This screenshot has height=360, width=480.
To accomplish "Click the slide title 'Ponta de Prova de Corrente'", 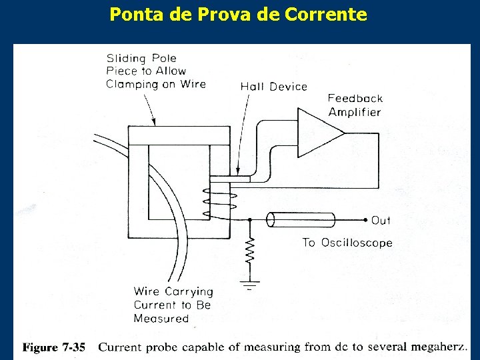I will [238, 14].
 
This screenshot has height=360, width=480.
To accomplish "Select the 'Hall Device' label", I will [273, 86].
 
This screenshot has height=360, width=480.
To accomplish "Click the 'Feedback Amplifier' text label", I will [355, 105].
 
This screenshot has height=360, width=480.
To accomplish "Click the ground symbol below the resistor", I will [249, 285].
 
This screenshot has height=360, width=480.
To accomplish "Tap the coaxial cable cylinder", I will [301, 219].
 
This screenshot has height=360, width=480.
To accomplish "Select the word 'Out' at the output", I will [381, 220].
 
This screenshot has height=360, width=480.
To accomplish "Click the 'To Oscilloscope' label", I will [347, 243].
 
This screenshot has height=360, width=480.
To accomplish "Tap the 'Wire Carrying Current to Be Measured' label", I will [173, 305].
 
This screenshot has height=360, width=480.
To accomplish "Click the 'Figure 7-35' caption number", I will [55, 347].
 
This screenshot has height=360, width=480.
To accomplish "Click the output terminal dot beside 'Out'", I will [365, 219].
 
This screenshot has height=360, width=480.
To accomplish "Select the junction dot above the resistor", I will [249, 219].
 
